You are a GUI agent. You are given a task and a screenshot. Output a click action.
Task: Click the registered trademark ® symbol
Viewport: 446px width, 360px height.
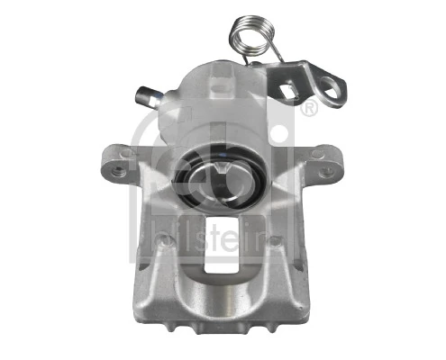(307, 111)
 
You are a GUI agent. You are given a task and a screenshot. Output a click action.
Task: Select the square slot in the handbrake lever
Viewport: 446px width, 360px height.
(289, 91)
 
